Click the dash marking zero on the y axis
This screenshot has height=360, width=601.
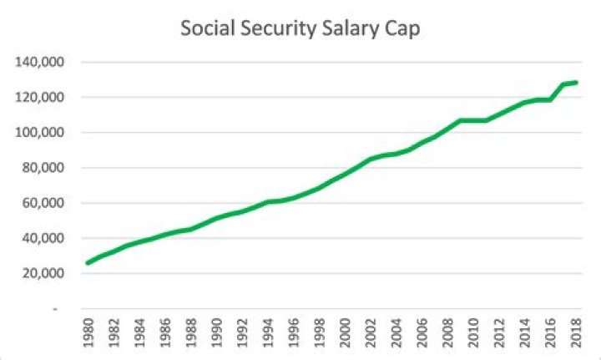pyautogui.click(x=55, y=309)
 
